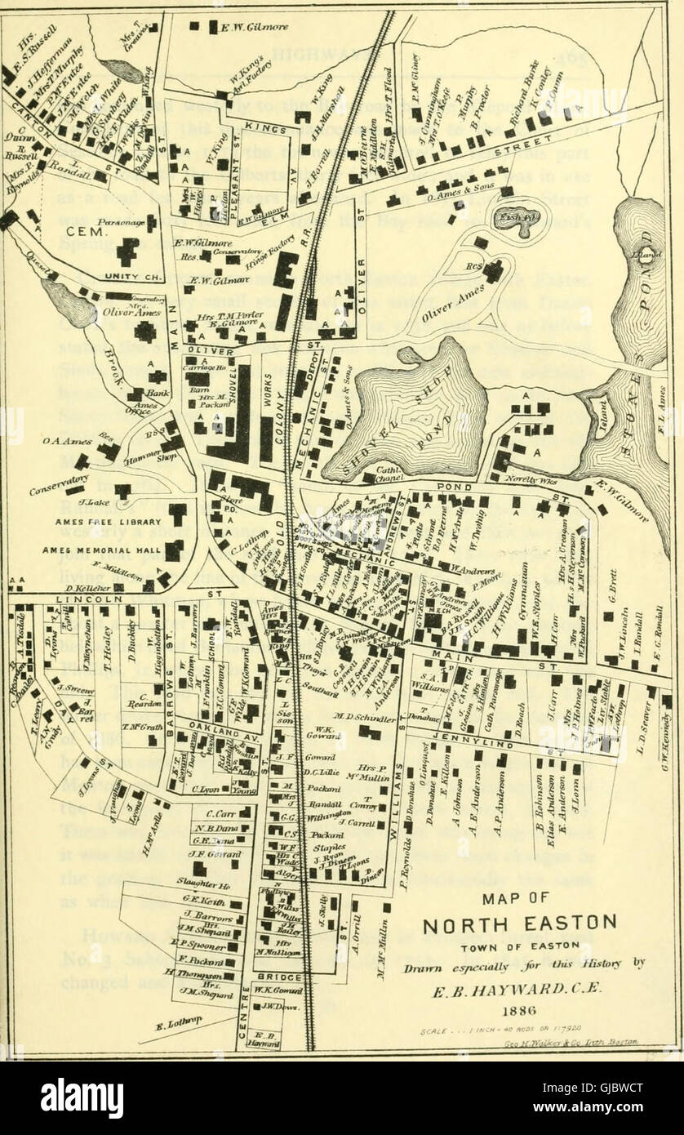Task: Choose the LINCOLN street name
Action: [78, 599]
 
